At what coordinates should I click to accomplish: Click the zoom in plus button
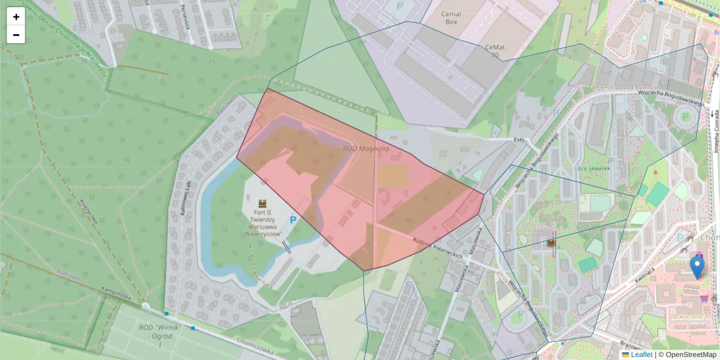pos(16,17)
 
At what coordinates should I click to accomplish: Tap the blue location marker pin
pos(697,266)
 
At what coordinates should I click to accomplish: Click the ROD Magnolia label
pos(366,148)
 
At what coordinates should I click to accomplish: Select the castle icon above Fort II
pos(262,204)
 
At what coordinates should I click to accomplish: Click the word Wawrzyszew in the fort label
pos(263,235)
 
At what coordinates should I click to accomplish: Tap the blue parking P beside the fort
pos(293,220)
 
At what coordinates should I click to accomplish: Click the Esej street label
pos(519,139)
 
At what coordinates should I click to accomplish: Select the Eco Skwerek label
pos(593,169)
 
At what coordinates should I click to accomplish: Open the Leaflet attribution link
pos(641,355)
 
